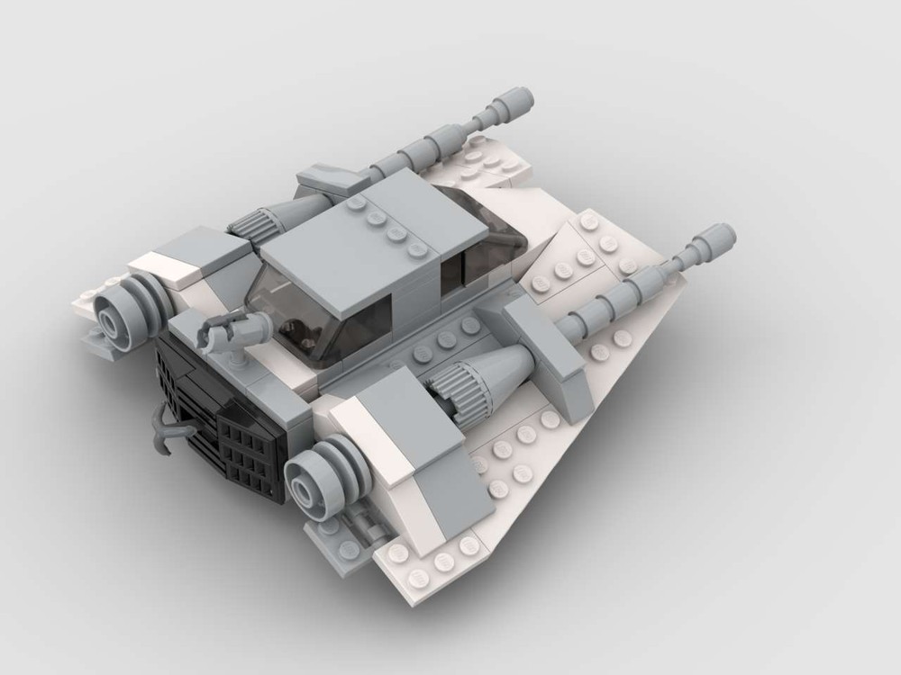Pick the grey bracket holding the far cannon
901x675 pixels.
point(329,180)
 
